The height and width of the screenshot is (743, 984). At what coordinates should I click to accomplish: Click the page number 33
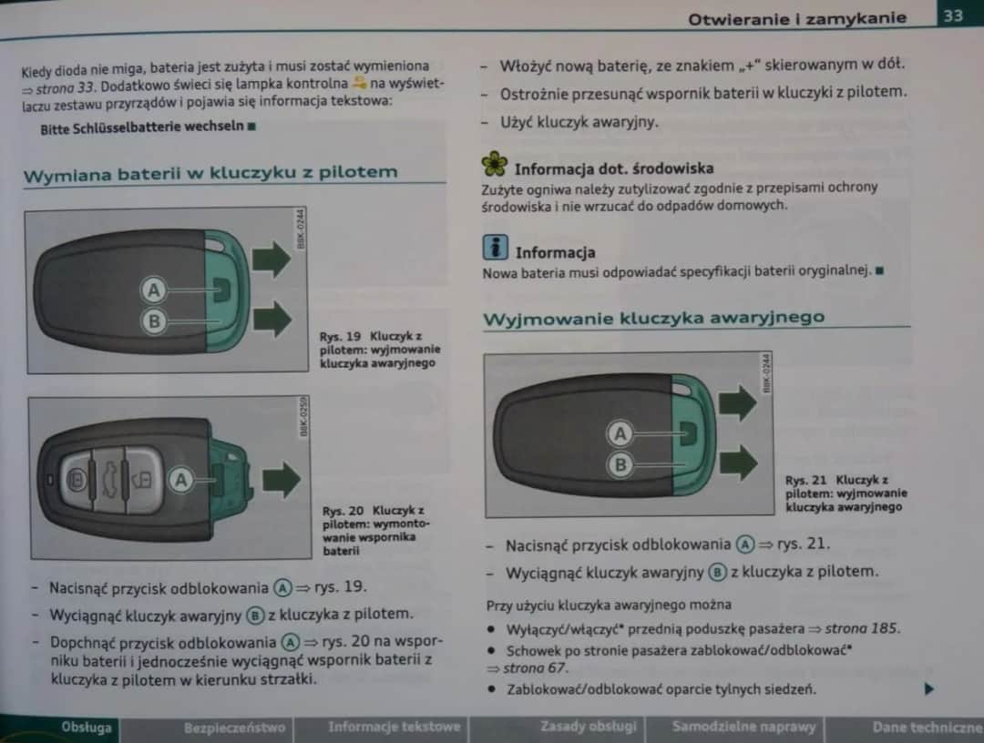pos(954,15)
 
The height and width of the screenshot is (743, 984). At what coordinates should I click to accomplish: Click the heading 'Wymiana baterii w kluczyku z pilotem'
pos(210,173)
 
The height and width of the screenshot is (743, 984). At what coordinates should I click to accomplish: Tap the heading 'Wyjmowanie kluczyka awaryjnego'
pos(653,318)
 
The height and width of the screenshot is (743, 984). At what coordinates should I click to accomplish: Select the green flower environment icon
pos(494,164)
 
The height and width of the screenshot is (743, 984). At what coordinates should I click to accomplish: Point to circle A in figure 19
pos(154,290)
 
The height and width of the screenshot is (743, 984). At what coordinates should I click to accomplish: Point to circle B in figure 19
pos(154,321)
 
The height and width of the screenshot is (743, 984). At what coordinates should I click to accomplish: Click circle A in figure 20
pos(180,480)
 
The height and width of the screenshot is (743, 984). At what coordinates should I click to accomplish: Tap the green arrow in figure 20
pos(280,480)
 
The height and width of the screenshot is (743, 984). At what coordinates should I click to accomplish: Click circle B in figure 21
pos(620,464)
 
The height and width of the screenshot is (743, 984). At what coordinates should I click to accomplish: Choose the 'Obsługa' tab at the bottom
pos(87,728)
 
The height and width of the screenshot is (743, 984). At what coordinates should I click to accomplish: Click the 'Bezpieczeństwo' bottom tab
pos(234,728)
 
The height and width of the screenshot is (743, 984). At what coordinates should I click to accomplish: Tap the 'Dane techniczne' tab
pos(927,727)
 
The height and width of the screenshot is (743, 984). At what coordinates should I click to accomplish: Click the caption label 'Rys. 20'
pos(343,511)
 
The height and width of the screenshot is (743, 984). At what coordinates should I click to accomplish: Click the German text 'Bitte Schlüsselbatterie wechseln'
pos(142,127)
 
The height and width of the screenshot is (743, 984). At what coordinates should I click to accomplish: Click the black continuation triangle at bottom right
pos(929,688)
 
